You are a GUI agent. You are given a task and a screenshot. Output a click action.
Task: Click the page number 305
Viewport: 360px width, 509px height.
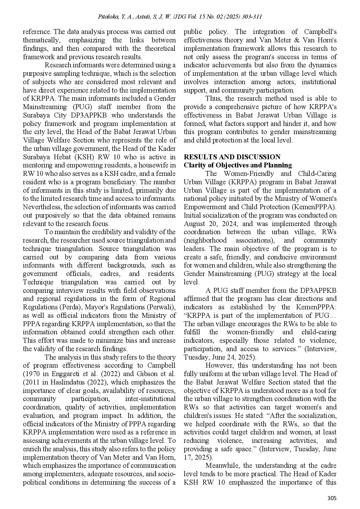(332, 498)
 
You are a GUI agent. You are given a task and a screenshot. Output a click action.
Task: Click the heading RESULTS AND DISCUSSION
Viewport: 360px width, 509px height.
(232, 157)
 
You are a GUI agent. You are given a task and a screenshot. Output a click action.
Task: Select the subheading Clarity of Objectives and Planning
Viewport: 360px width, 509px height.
(238, 165)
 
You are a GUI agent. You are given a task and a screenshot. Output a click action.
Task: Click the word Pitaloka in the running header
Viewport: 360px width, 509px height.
(108, 17)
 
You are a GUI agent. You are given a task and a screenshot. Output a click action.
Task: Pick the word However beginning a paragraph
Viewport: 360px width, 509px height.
(218, 366)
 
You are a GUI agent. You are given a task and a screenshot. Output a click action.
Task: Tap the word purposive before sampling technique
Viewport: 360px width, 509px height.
(36, 74)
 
